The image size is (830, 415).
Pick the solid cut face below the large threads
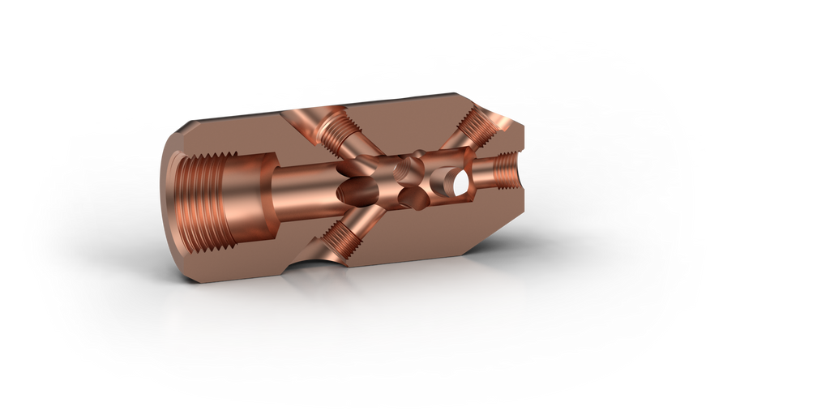tap(243, 259)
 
